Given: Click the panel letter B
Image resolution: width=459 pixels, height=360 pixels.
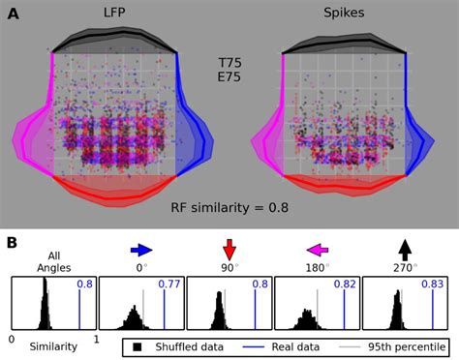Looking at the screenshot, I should pos(13,242).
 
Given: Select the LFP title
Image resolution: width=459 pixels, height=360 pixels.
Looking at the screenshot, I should pos(113,13).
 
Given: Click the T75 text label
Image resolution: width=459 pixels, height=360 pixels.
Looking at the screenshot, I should pos(229,61).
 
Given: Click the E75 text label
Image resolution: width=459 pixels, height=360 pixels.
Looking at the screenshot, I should pos(229,78).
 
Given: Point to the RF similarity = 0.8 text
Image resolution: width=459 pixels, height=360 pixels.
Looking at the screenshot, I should pos(229,206).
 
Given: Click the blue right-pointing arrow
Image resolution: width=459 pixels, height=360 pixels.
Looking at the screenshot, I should pos(141,249).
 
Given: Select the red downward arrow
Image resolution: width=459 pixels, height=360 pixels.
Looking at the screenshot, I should pos(229,249).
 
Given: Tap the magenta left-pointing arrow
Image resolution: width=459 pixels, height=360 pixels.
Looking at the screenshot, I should pos(317,249).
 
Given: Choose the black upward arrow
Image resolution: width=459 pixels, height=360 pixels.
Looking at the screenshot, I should pos(404,249).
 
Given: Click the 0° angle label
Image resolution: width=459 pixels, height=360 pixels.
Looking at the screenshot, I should pos(141,267).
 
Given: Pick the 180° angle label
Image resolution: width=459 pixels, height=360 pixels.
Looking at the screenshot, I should pos(317,267).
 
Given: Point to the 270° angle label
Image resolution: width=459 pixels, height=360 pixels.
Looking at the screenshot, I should pos(405,267).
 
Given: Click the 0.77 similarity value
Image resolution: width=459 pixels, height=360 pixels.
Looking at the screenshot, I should pos(169,285).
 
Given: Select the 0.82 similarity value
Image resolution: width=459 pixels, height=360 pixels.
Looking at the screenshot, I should pos(344,285).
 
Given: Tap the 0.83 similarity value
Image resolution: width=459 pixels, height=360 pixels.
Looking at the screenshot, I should pos(432,285).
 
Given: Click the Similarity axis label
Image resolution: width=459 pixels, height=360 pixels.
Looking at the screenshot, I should pos(53,345).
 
